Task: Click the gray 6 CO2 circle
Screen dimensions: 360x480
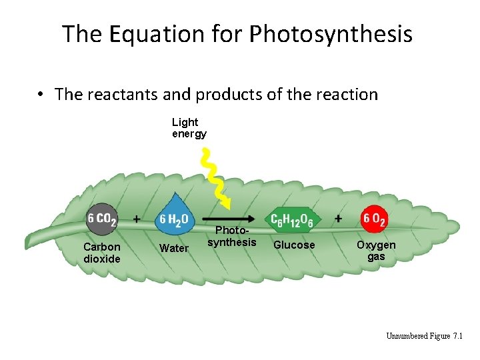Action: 101,218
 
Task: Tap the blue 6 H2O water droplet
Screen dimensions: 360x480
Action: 175,217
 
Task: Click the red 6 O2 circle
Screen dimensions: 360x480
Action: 375,218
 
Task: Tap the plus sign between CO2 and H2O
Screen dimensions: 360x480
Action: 137,218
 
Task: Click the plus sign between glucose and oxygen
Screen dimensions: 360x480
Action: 339,219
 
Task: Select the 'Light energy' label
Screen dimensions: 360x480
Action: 189,128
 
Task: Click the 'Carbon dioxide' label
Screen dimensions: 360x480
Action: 102,253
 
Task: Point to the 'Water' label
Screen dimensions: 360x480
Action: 174,249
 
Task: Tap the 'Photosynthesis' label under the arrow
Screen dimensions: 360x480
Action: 231,237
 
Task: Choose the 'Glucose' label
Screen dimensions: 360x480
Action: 294,245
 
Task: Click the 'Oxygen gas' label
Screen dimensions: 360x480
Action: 376,250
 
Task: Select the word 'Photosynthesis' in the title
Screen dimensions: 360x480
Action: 332,33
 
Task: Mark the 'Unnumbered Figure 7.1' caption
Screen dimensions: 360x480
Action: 425,335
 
